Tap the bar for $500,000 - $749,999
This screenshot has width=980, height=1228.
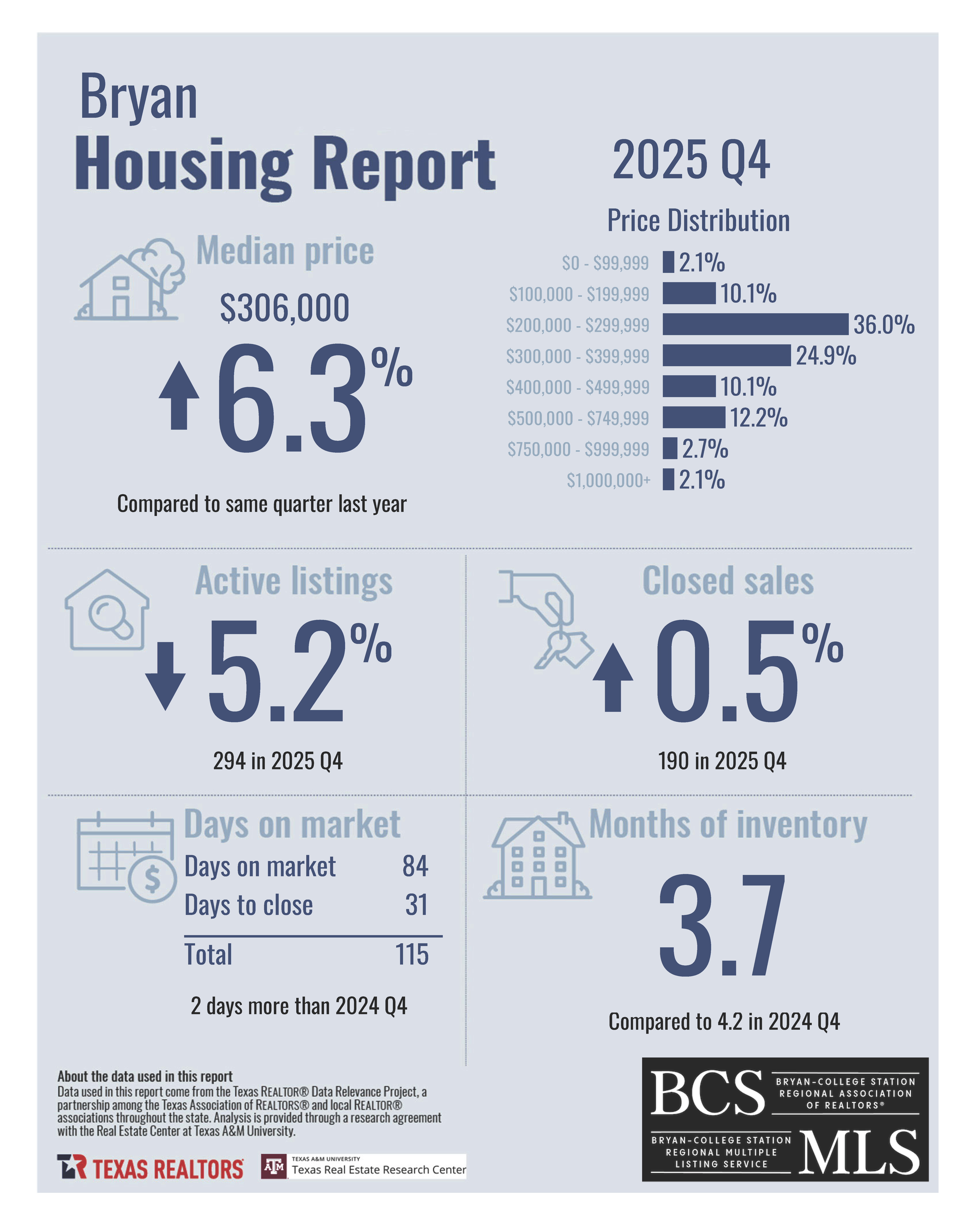(x=694, y=417)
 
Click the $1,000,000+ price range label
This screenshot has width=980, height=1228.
(x=608, y=480)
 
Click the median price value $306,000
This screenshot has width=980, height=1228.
(x=284, y=308)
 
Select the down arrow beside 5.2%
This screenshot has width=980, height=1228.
(x=165, y=676)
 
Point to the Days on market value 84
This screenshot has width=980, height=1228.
(x=415, y=866)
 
